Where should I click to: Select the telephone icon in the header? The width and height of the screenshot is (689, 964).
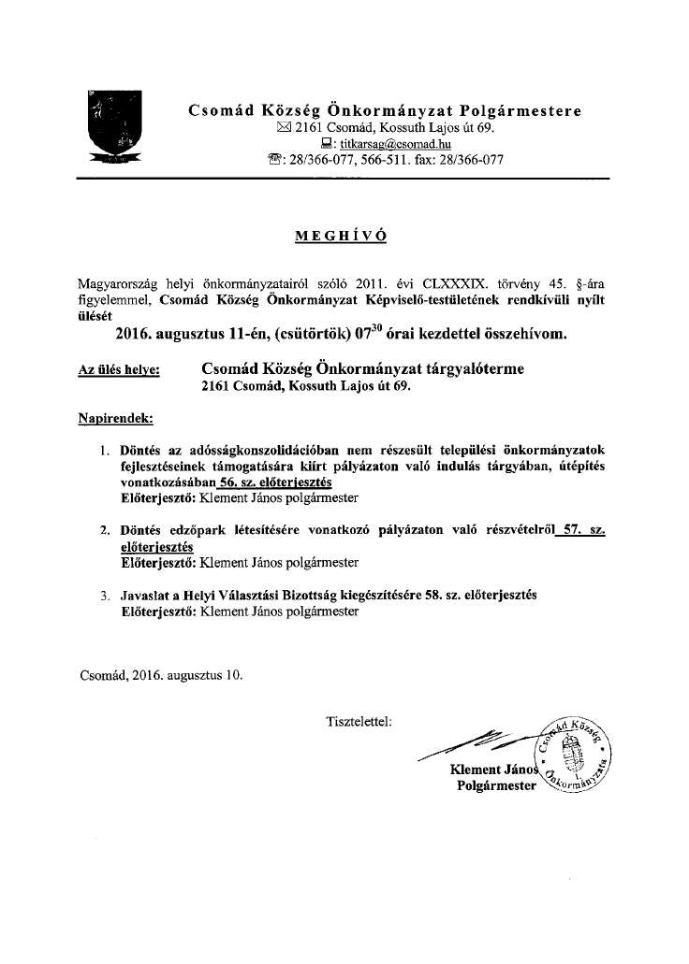(273, 160)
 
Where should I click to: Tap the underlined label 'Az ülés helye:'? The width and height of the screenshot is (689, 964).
(118, 371)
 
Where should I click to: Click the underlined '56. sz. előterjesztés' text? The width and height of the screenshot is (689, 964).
(273, 482)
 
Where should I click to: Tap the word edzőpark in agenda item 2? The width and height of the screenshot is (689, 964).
(197, 531)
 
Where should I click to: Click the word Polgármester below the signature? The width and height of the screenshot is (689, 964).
(496, 785)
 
